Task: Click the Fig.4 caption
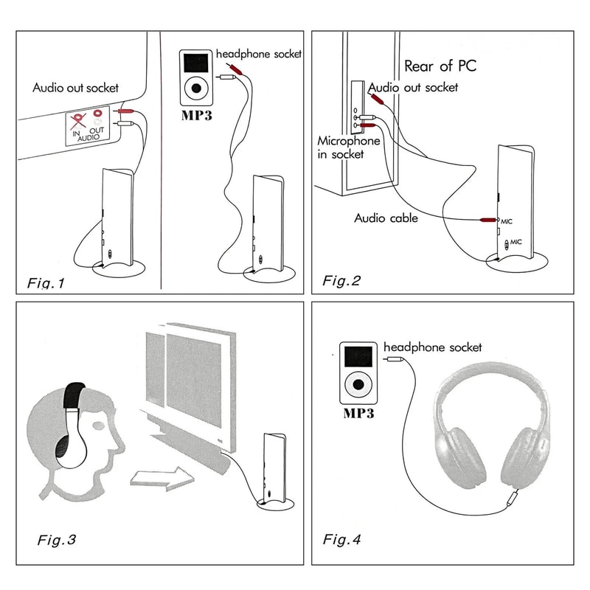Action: [342, 540]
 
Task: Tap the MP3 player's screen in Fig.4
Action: [358, 357]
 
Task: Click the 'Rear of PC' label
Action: [440, 66]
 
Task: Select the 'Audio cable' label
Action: [386, 218]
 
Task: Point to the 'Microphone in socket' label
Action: [349, 147]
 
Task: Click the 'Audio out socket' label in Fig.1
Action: [75, 87]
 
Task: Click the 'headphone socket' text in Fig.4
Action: [432, 347]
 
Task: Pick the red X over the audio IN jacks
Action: [74, 119]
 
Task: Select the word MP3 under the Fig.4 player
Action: [358, 414]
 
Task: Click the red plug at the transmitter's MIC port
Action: [488, 221]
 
